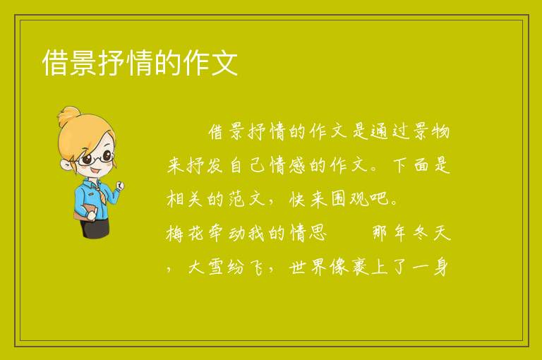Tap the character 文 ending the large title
(224, 63)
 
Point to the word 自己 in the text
(247, 165)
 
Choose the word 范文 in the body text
(247, 199)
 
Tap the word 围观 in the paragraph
(349, 199)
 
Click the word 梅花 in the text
(186, 233)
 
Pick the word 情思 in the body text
(308, 233)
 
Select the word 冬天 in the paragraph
(431, 233)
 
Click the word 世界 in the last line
(308, 267)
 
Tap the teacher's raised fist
(119, 186)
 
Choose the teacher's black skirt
(95, 228)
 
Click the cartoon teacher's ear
(66, 164)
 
